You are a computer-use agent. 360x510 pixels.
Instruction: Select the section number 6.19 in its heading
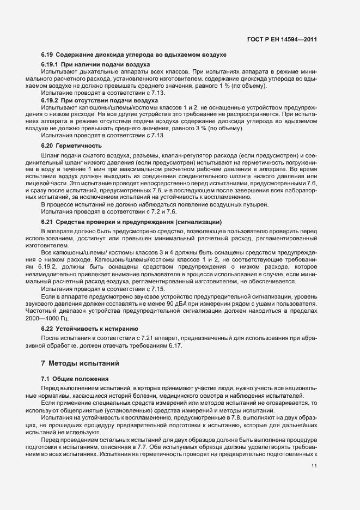pyautogui.click(x=47, y=56)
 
